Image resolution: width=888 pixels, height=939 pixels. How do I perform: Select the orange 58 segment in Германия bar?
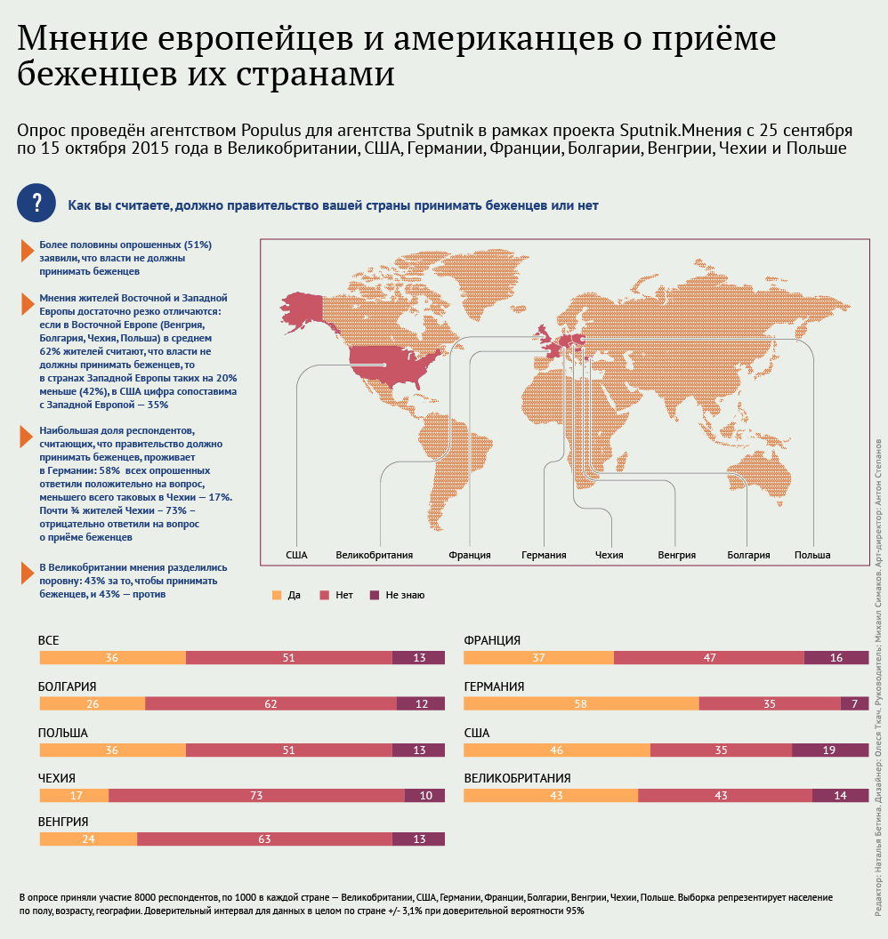click(581, 703)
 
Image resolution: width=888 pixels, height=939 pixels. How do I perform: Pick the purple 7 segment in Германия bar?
click(854, 703)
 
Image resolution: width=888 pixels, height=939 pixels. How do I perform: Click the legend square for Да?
click(276, 594)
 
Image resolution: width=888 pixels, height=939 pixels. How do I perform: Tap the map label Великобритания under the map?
click(374, 555)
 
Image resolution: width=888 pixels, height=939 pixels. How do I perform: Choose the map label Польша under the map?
click(811, 555)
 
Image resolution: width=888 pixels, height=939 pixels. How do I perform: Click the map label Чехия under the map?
click(609, 555)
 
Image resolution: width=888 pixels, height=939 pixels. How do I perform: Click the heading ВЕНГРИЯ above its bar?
click(63, 822)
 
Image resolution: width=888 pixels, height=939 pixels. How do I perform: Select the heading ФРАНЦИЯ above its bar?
click(492, 640)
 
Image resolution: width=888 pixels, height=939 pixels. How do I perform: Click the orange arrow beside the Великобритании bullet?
click(27, 574)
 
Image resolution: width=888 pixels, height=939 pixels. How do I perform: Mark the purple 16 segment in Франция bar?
click(836, 657)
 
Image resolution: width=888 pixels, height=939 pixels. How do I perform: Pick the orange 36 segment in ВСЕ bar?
click(112, 657)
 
